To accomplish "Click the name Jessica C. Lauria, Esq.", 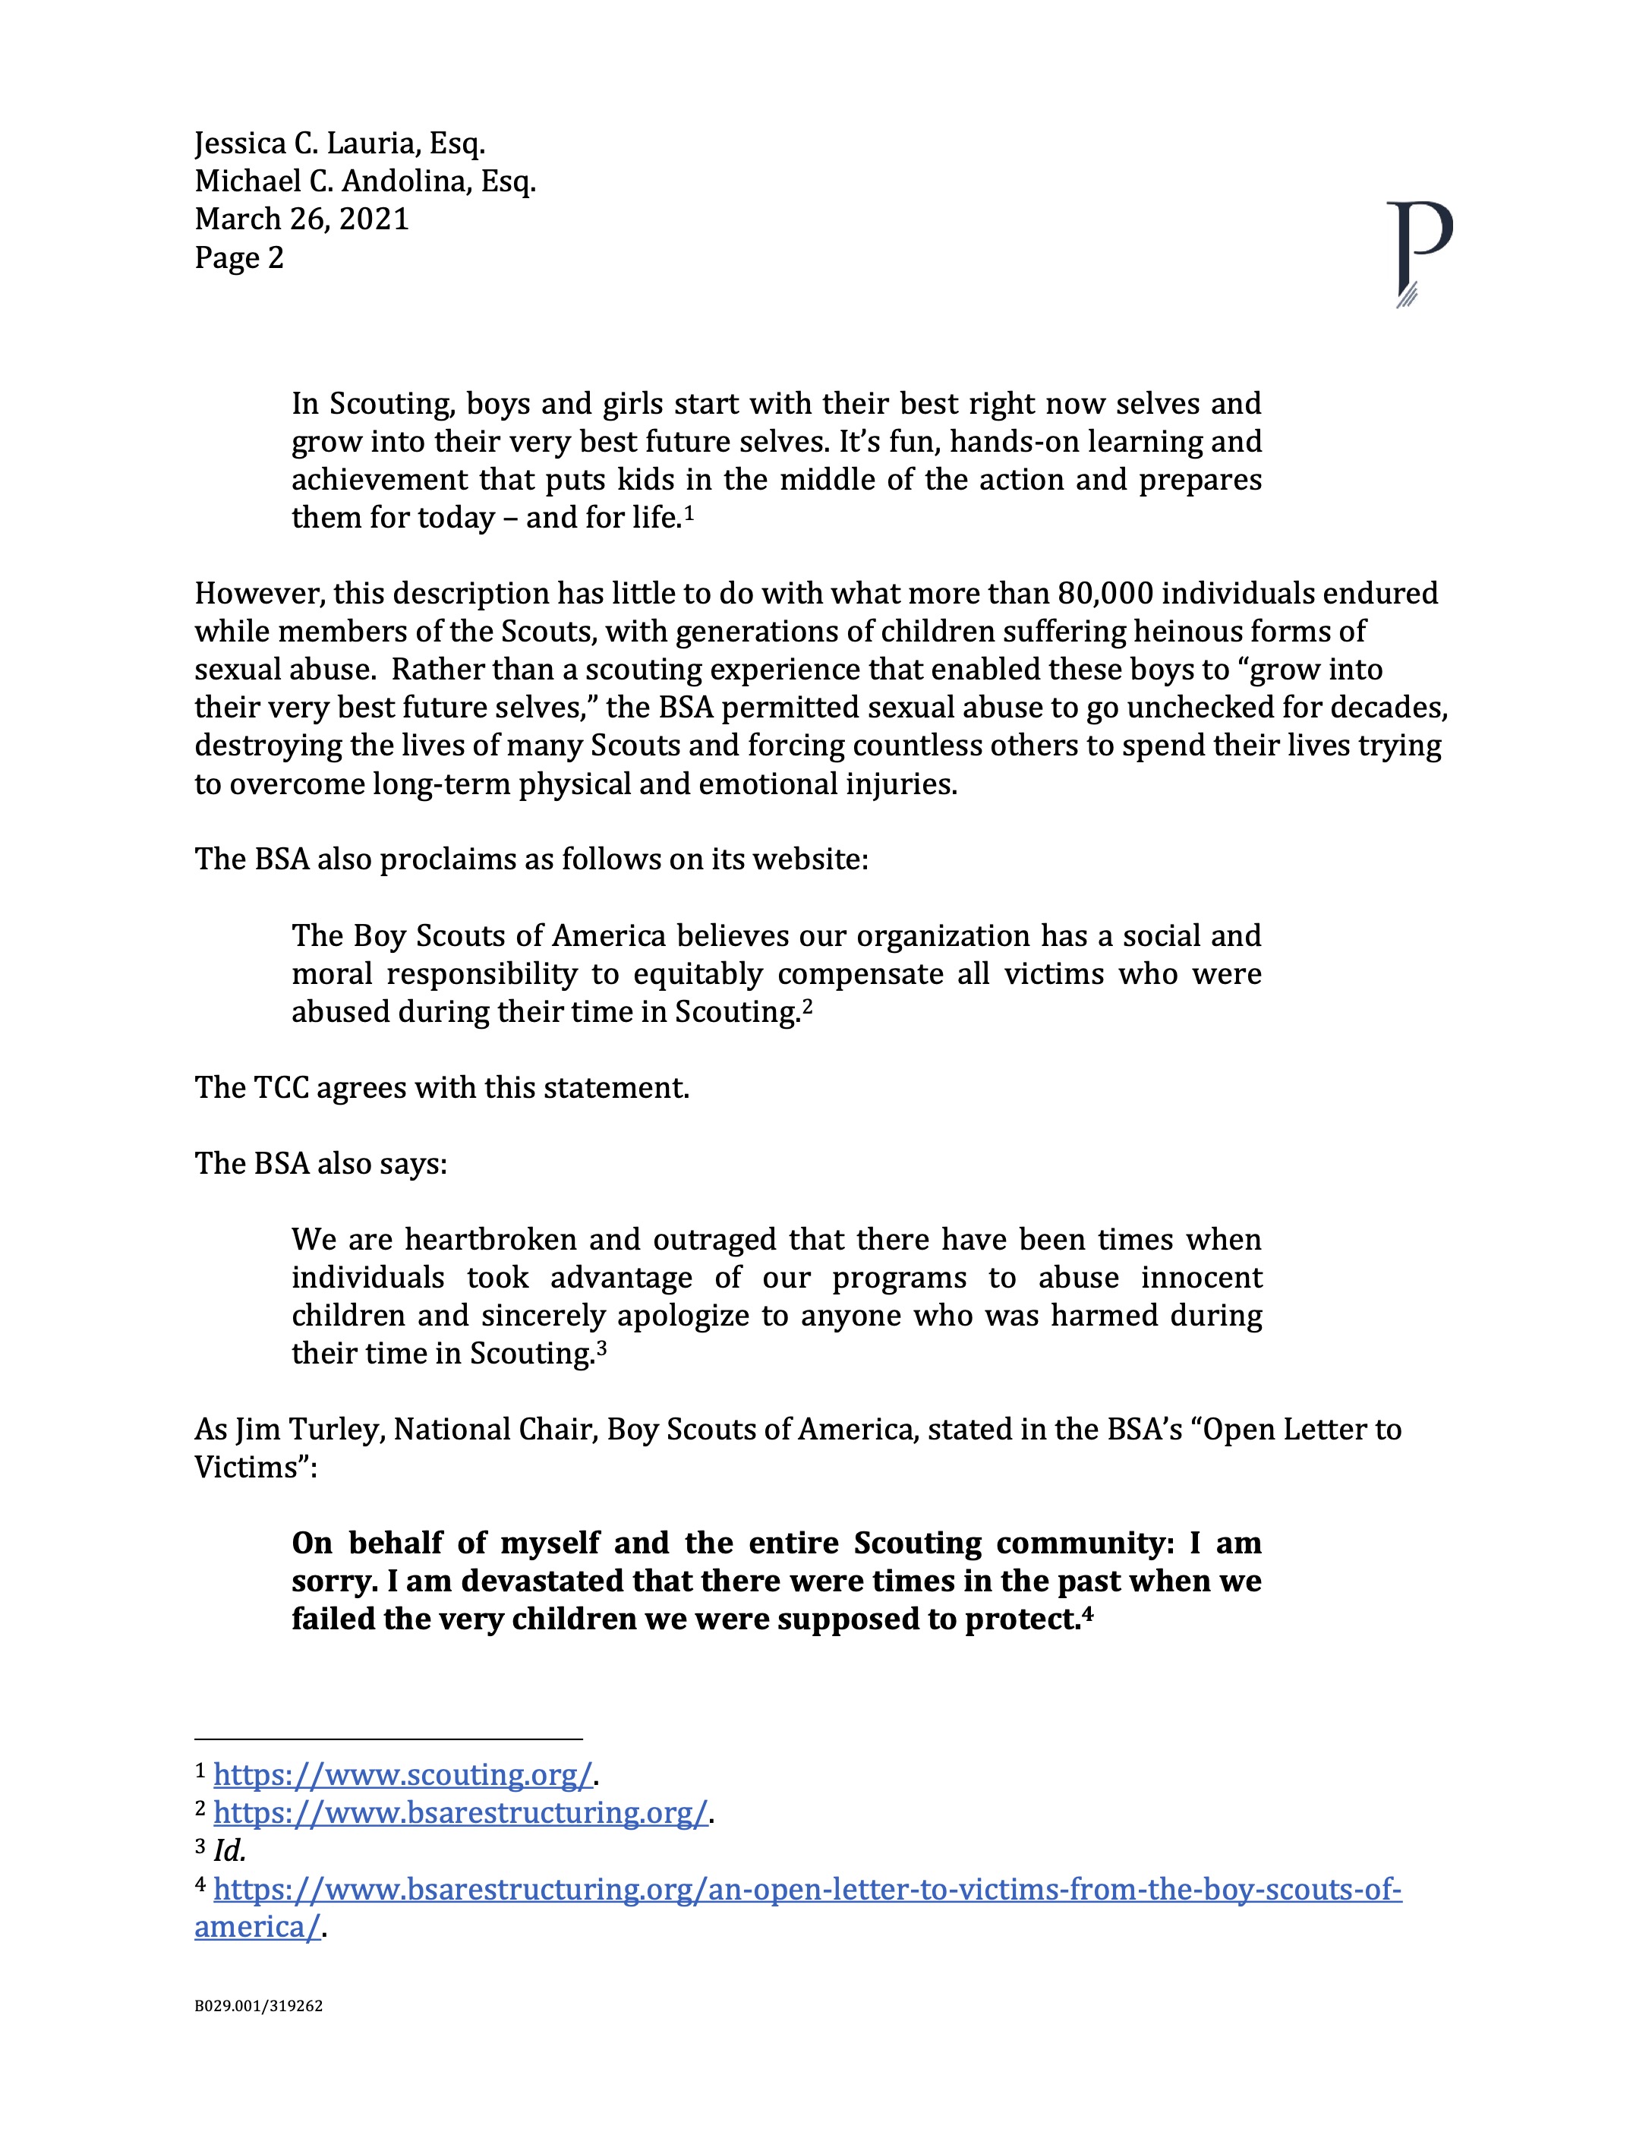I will (x=339, y=144).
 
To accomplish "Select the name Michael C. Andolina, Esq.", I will (x=365, y=182).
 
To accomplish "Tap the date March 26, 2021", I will (x=301, y=219).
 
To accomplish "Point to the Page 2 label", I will (x=239, y=257).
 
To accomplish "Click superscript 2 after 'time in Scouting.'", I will (x=808, y=1005).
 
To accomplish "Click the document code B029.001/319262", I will (x=258, y=2006).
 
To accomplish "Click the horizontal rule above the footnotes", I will (x=389, y=1739).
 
